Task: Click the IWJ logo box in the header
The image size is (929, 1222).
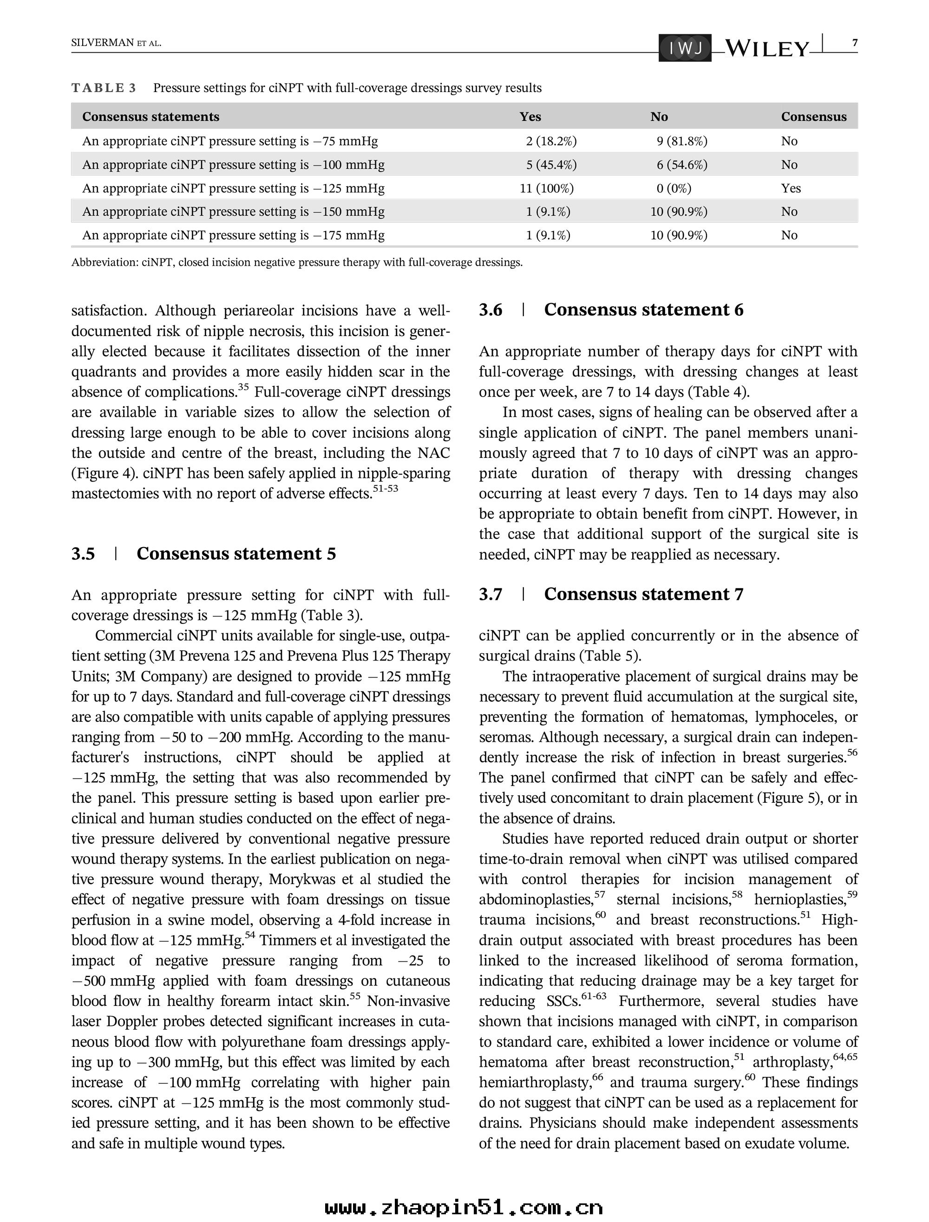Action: tap(685, 49)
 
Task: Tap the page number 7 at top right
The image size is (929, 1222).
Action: tap(855, 43)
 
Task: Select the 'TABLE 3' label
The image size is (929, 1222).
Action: tap(104, 88)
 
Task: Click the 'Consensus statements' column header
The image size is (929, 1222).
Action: tap(150, 117)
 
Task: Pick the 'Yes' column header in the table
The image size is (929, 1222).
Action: tap(530, 117)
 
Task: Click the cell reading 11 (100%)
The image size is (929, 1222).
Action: tap(546, 188)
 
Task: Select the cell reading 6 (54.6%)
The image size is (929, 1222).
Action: tap(682, 165)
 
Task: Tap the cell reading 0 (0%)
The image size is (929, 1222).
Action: tap(674, 188)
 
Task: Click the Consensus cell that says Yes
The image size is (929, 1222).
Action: tap(791, 188)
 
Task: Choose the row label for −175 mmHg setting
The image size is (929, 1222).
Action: tap(233, 235)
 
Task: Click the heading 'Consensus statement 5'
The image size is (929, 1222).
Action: tap(236, 554)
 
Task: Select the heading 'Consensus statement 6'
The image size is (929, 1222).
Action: tap(643, 310)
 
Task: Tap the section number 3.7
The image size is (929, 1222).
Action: tap(491, 594)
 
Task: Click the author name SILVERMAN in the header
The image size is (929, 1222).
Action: tap(102, 43)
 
